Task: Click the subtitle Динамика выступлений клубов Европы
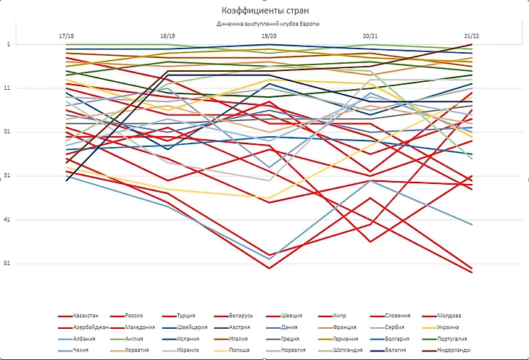click(268, 24)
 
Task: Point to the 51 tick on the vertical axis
click(8, 264)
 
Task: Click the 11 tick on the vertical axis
click(8, 88)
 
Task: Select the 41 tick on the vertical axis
click(8, 219)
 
